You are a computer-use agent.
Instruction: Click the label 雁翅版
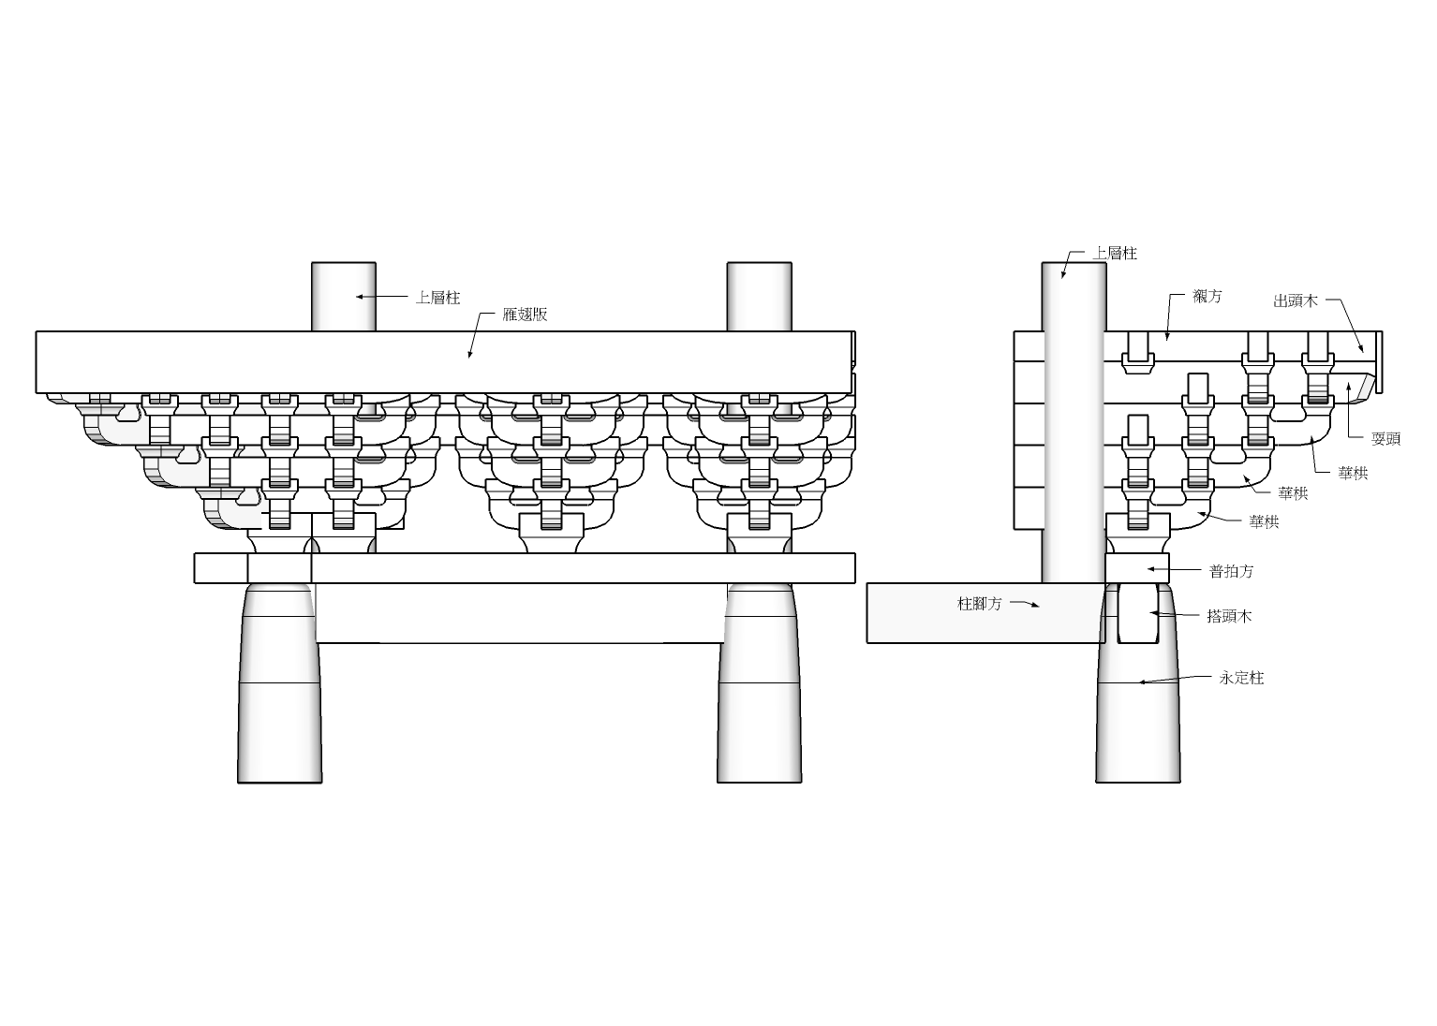coord(525,315)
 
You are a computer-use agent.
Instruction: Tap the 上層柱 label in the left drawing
coord(438,298)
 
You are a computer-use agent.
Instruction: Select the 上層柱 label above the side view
coord(1115,254)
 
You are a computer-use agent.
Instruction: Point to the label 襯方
coord(1207,296)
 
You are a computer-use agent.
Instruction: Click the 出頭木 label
coord(1296,300)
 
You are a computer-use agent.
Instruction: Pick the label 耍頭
coord(1385,439)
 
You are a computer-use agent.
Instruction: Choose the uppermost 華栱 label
coord(1353,474)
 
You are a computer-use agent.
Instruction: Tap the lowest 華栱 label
coord(1264,522)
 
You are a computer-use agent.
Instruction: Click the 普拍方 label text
coord(1231,571)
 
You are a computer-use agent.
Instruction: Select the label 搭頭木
coord(1229,616)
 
